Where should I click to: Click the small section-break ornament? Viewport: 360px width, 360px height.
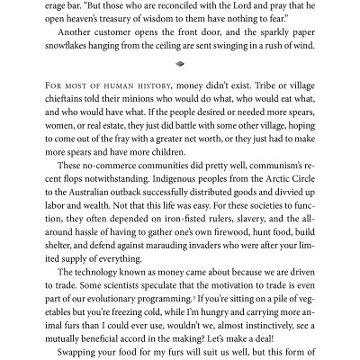click(x=180, y=77)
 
